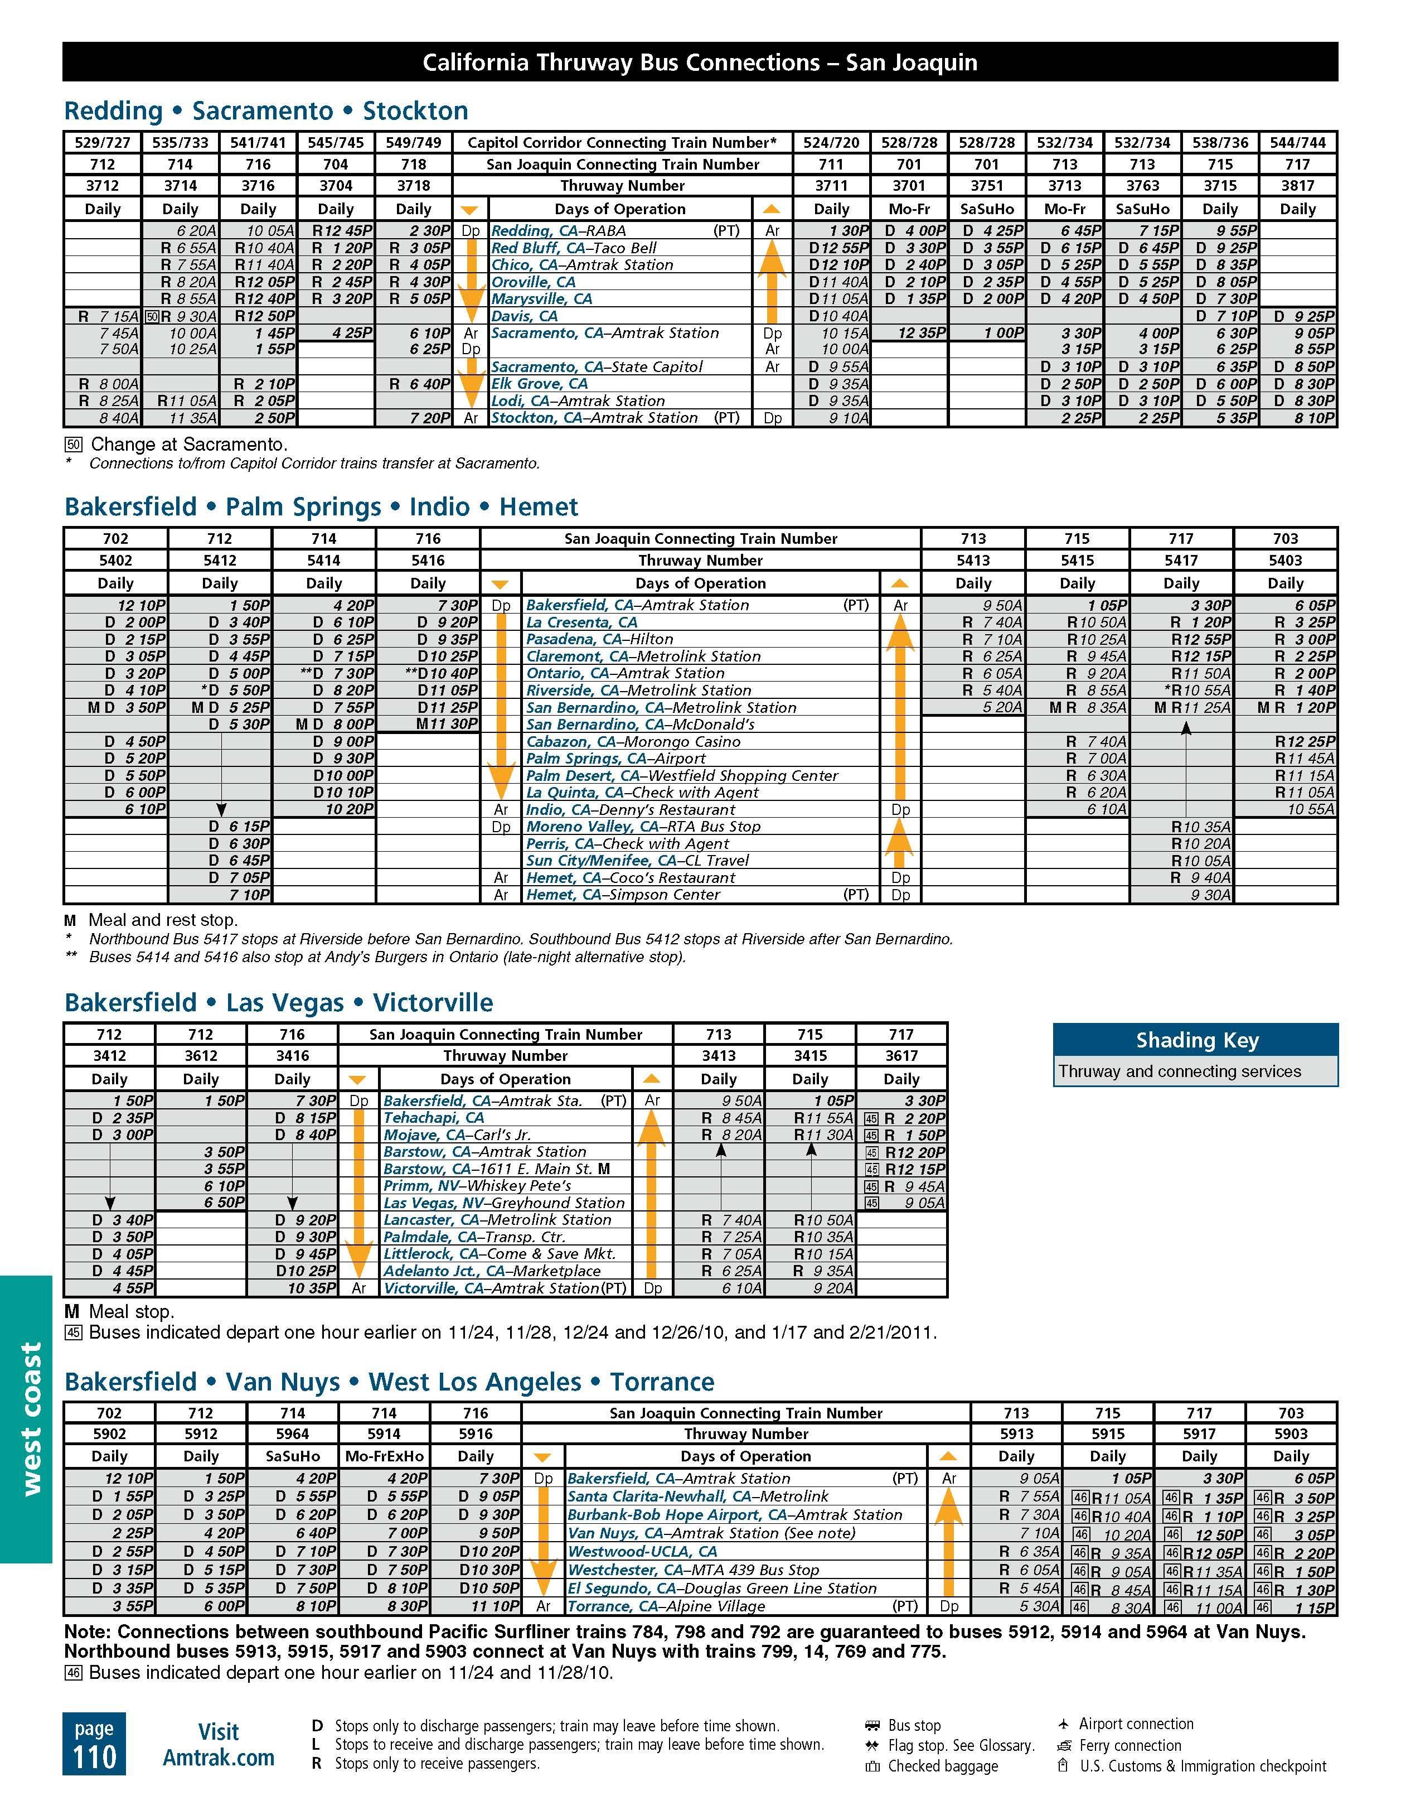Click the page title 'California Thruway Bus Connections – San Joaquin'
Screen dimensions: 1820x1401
click(700, 62)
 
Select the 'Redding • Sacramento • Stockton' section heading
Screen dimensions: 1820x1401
click(266, 111)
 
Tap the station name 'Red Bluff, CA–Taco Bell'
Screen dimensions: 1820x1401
click(573, 248)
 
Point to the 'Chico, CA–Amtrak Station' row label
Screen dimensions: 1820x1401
click(581, 265)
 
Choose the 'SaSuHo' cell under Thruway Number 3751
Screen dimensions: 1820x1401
click(986, 209)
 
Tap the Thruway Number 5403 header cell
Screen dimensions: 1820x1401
click(1284, 560)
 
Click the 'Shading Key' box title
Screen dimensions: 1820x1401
click(1196, 1040)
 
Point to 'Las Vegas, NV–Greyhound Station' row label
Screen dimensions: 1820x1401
click(503, 1203)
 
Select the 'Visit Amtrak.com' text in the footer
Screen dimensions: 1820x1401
click(218, 1744)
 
